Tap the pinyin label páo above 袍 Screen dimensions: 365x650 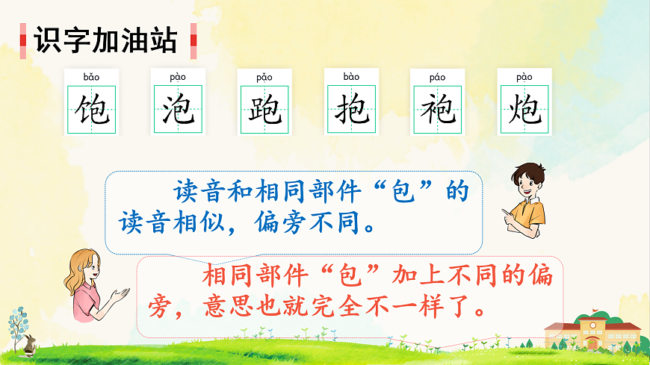[x=438, y=77]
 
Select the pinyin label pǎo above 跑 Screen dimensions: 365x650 [x=264, y=77]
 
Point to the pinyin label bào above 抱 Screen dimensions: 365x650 [x=351, y=77]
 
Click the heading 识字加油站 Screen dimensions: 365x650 [x=106, y=38]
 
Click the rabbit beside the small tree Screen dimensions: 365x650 [x=28, y=344]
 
